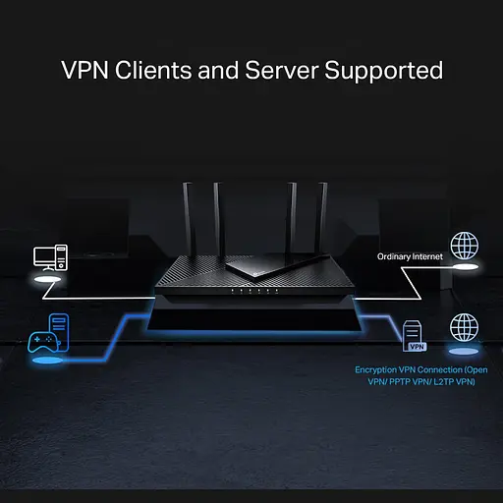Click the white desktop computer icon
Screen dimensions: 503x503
pyautogui.click(x=50, y=257)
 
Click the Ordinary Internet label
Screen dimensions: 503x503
pyautogui.click(x=411, y=256)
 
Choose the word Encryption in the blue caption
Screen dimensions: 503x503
pyautogui.click(x=376, y=369)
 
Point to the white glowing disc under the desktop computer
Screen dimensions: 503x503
pyautogui.click(x=50, y=281)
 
